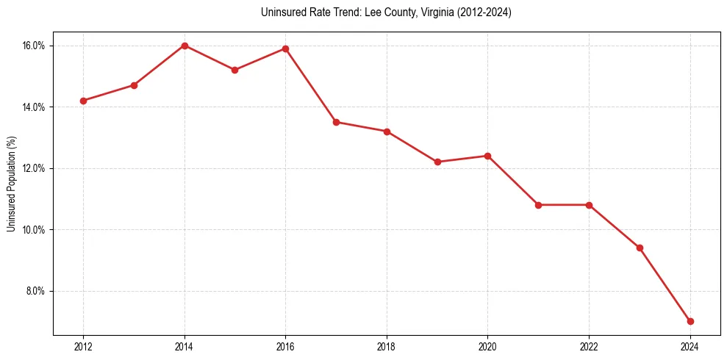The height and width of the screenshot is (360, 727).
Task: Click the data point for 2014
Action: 185,46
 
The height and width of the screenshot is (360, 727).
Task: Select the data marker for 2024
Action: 690,321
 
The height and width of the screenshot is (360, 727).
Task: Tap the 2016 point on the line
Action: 285,48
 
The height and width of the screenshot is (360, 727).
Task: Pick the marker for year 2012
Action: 83,101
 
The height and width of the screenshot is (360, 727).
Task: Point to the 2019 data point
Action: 437,162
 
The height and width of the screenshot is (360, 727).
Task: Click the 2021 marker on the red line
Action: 538,205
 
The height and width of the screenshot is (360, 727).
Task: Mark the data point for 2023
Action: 640,248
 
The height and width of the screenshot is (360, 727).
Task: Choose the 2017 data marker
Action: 336,122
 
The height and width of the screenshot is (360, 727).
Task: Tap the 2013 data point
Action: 134,85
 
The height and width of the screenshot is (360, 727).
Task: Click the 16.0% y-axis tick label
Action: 34,46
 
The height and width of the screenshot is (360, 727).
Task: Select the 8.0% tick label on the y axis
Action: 35,291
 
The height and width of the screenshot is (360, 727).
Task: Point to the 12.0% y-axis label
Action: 34,168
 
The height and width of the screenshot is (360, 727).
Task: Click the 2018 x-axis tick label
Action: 387,347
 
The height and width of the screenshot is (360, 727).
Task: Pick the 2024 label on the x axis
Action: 690,347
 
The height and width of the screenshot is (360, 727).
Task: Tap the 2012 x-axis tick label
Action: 83,347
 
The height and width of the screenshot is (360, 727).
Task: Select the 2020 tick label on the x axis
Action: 487,347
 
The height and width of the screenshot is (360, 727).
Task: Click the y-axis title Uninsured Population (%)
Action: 11,184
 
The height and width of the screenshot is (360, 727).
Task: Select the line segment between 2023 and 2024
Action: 665,284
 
